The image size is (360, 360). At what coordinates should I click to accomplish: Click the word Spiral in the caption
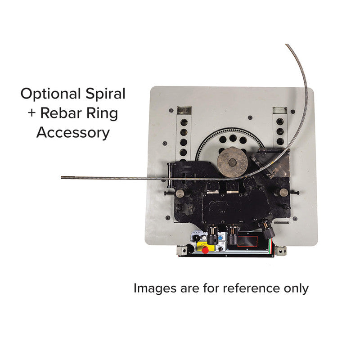click(106, 94)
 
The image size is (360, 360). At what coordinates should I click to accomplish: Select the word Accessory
click(73, 133)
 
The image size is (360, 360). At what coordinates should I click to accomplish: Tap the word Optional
click(50, 94)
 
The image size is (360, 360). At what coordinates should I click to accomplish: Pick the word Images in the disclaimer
click(154, 288)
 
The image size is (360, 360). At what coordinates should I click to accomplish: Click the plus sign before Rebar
click(31, 113)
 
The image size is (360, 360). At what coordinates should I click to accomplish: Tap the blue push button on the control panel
click(220, 238)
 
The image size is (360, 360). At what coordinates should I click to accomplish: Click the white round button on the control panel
click(204, 238)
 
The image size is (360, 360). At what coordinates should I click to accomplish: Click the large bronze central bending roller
click(232, 162)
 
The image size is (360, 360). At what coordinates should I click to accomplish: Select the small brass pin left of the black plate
click(180, 193)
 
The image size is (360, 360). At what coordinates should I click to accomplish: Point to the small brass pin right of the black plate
click(283, 193)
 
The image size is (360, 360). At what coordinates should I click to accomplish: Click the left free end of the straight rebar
click(62, 177)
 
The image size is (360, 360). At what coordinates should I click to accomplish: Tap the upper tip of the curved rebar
click(287, 45)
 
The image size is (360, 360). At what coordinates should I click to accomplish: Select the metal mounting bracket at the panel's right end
click(282, 250)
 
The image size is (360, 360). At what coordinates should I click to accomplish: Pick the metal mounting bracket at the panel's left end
click(182, 250)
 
